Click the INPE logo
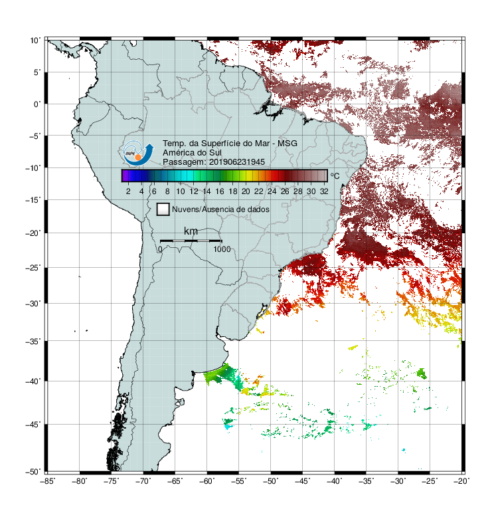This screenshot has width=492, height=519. click(x=139, y=153)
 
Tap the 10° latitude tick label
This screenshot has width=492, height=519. click(x=35, y=41)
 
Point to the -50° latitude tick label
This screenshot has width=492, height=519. click(x=33, y=471)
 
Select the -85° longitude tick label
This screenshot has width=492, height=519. click(x=48, y=481)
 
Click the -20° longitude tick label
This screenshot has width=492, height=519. click(x=461, y=481)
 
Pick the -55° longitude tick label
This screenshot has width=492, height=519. click(x=238, y=481)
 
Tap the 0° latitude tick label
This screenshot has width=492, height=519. click(x=37, y=104)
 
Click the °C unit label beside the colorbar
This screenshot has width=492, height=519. click(x=335, y=175)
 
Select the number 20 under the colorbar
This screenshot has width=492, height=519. click(x=246, y=191)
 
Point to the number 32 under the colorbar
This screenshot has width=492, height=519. click(x=324, y=191)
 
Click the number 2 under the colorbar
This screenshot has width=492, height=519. click(x=128, y=191)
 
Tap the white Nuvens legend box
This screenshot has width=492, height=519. click(x=163, y=209)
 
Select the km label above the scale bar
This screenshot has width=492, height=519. click(x=191, y=231)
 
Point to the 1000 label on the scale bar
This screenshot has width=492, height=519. click(x=222, y=249)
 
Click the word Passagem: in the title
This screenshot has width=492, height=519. click(x=185, y=162)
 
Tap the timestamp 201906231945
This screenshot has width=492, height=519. click(x=237, y=162)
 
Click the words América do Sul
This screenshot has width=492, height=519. click(x=192, y=153)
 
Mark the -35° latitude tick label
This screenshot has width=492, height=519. click(x=33, y=342)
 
